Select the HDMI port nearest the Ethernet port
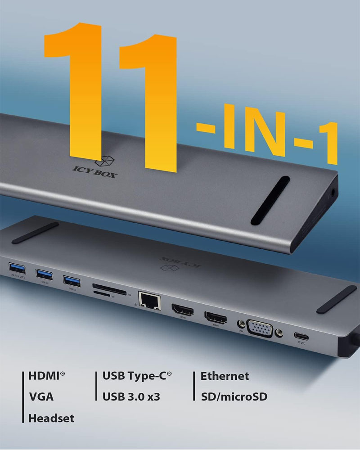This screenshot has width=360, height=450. coord(182,310)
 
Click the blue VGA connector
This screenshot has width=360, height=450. coord(260,328)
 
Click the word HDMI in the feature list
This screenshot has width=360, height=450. coord(46,376)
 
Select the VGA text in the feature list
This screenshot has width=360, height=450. coord(41,396)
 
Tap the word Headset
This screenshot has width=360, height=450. coord(51,418)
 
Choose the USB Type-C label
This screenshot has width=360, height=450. coord(137,376)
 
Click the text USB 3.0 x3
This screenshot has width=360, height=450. coord(131,396)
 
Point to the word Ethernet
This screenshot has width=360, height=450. coord(225,376)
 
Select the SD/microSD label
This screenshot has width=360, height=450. coord(234,396)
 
